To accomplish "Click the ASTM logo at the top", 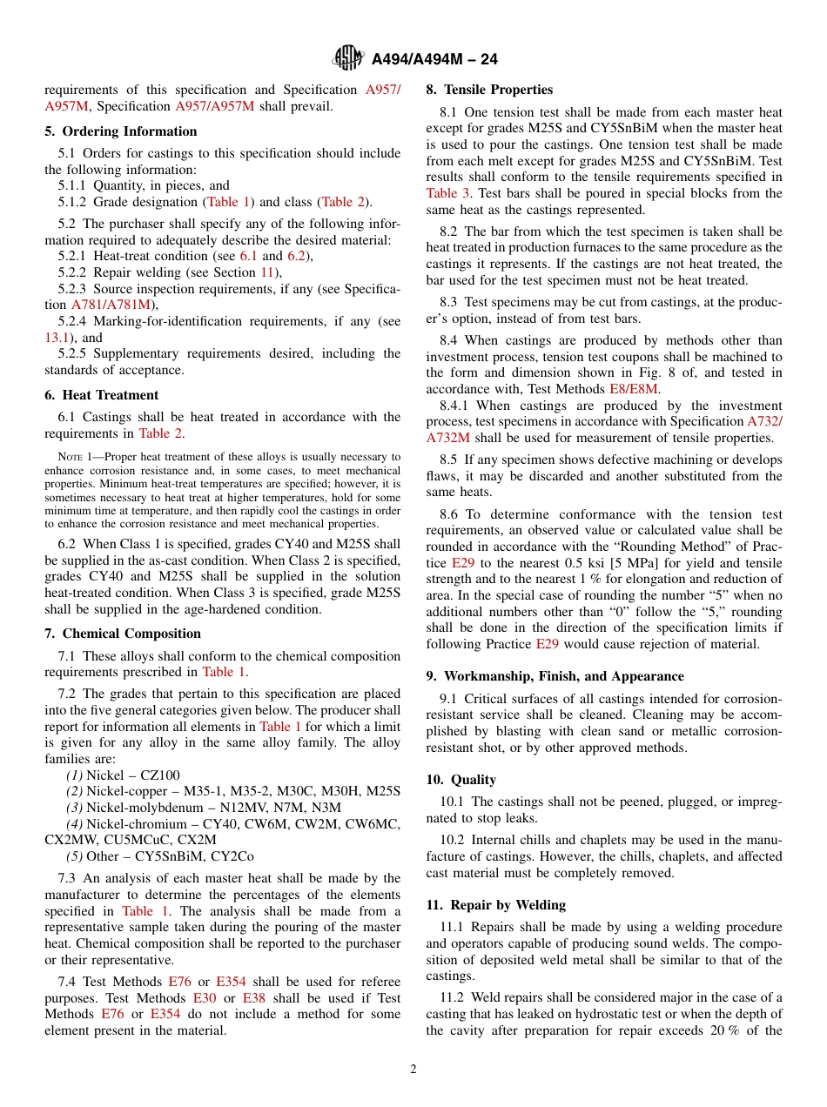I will [x=349, y=59].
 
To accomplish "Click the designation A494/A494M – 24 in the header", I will [x=434, y=60].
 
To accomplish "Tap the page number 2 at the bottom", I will [x=413, y=1070].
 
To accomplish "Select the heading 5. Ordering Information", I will [x=121, y=131].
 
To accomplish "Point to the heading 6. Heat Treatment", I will [x=102, y=394].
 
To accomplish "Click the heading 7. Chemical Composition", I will [x=123, y=634].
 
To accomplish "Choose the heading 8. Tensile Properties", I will [x=489, y=90].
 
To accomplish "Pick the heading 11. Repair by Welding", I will [x=496, y=904].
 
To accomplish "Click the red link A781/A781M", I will [x=111, y=305].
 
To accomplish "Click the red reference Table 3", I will [x=447, y=193].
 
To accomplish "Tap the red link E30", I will [x=205, y=998].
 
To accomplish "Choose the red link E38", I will [x=253, y=998].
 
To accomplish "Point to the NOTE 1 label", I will [x=74, y=457].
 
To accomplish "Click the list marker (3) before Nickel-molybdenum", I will [x=75, y=808].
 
